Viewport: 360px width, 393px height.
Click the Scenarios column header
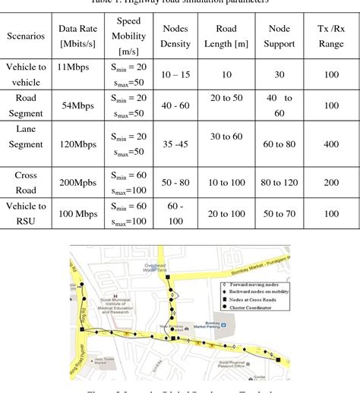pos(26,35)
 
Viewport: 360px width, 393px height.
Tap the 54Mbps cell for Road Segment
pos(76,105)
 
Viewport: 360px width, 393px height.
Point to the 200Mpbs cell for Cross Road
pos(76,183)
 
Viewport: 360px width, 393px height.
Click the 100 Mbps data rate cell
pos(76,213)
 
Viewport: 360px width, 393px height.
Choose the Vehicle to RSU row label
pos(26,213)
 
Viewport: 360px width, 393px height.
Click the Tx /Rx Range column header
pos(330,35)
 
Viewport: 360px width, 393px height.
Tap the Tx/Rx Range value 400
pos(330,144)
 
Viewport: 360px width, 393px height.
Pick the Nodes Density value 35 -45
pos(175,144)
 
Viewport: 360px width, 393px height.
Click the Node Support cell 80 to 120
pos(280,183)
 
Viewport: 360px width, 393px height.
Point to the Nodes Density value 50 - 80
pos(175,183)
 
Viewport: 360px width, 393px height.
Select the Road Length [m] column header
pos(226,35)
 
